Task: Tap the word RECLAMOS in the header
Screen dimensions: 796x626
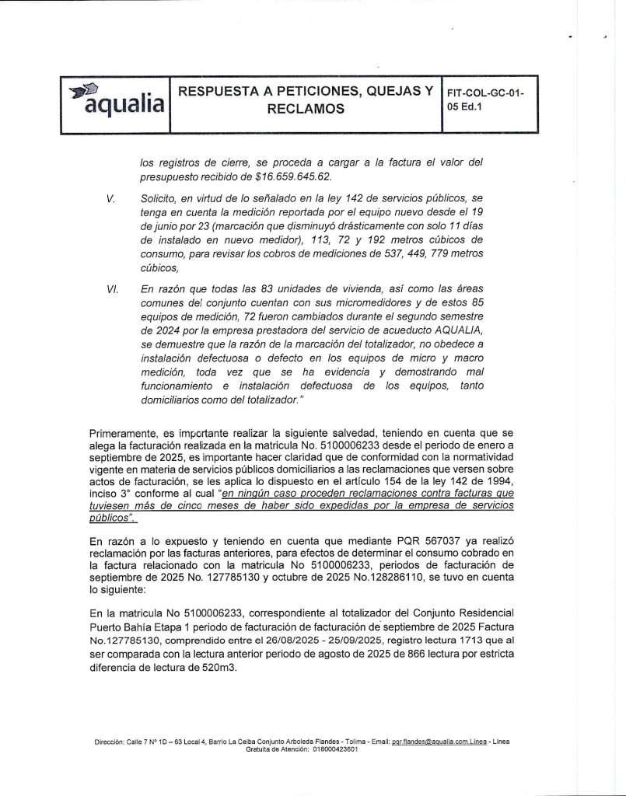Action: coord(305,110)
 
